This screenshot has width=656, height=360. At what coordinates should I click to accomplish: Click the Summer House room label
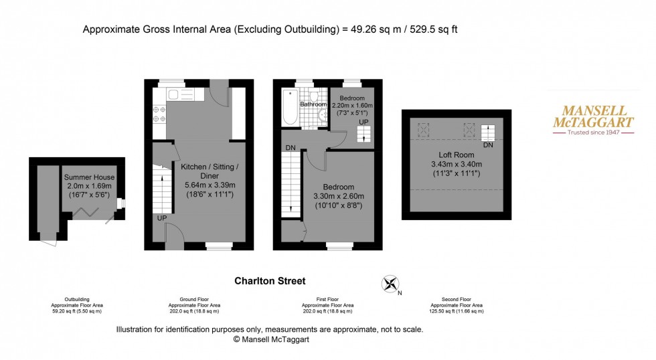click(x=89, y=177)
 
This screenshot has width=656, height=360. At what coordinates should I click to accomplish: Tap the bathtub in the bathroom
click(x=290, y=108)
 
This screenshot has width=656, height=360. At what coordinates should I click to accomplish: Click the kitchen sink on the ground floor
click(x=175, y=94)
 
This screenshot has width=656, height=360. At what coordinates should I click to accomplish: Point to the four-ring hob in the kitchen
click(x=159, y=114)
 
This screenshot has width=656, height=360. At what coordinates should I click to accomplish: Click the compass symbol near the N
click(x=389, y=284)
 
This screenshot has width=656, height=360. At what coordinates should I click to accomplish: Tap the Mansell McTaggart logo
click(x=592, y=119)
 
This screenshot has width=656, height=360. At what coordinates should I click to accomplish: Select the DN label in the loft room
click(x=488, y=145)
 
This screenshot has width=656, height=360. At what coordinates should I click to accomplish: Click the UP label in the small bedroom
click(x=363, y=122)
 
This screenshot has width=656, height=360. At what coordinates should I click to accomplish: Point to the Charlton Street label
click(x=270, y=282)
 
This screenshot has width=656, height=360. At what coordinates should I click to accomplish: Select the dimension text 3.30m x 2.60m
click(x=338, y=196)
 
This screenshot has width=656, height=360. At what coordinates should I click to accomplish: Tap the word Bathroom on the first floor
click(x=313, y=104)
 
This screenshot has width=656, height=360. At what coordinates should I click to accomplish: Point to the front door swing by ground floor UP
click(x=172, y=234)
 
